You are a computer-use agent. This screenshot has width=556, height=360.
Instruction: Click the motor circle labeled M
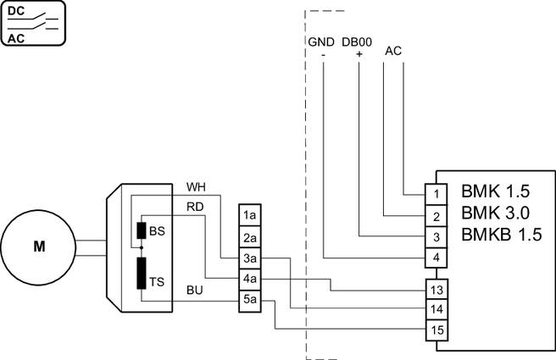pyautogui.click(x=39, y=247)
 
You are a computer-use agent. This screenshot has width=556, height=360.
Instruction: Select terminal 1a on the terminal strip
pyautogui.click(x=249, y=216)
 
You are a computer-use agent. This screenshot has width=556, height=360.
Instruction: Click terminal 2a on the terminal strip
pyautogui.click(x=249, y=237)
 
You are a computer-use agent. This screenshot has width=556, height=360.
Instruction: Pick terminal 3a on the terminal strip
pyautogui.click(x=249, y=258)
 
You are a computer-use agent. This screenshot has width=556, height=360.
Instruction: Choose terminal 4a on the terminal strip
pyautogui.click(x=249, y=278)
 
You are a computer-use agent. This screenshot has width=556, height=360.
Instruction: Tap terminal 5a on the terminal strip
pyautogui.click(x=249, y=298)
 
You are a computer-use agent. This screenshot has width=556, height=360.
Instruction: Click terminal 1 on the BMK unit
pyautogui.click(x=435, y=194)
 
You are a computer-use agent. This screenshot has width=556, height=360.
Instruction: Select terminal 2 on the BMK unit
pyautogui.click(x=435, y=215)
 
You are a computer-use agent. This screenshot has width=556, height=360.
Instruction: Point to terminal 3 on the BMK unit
pyautogui.click(x=435, y=236)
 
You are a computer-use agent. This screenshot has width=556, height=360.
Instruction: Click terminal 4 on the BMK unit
pyautogui.click(x=435, y=258)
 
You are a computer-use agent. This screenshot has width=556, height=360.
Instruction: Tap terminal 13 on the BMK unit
pyautogui.click(x=435, y=290)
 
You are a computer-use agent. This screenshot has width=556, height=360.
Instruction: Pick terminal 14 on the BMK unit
pyautogui.click(x=435, y=309)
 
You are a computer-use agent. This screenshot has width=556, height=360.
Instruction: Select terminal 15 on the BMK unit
pyautogui.click(x=435, y=330)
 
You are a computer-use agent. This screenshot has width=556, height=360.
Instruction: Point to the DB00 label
pyautogui.click(x=359, y=42)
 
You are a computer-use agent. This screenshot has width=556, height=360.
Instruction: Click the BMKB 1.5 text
pyautogui.click(x=501, y=235)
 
